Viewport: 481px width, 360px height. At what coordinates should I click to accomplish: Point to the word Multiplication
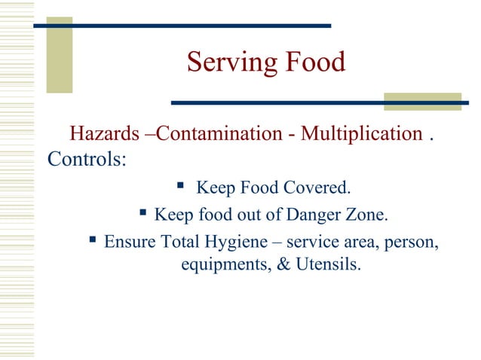tap(361, 135)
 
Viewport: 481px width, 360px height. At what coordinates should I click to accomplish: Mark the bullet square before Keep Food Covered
tap(180, 185)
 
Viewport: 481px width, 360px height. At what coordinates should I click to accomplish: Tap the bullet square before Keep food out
tap(139, 215)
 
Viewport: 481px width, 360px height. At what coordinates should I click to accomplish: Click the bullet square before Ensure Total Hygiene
tap(89, 241)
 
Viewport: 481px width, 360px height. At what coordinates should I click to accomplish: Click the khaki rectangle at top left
tap(60, 55)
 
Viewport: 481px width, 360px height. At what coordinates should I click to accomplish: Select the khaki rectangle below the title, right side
tap(412, 102)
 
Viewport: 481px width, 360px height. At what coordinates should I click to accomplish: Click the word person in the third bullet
tap(415, 243)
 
